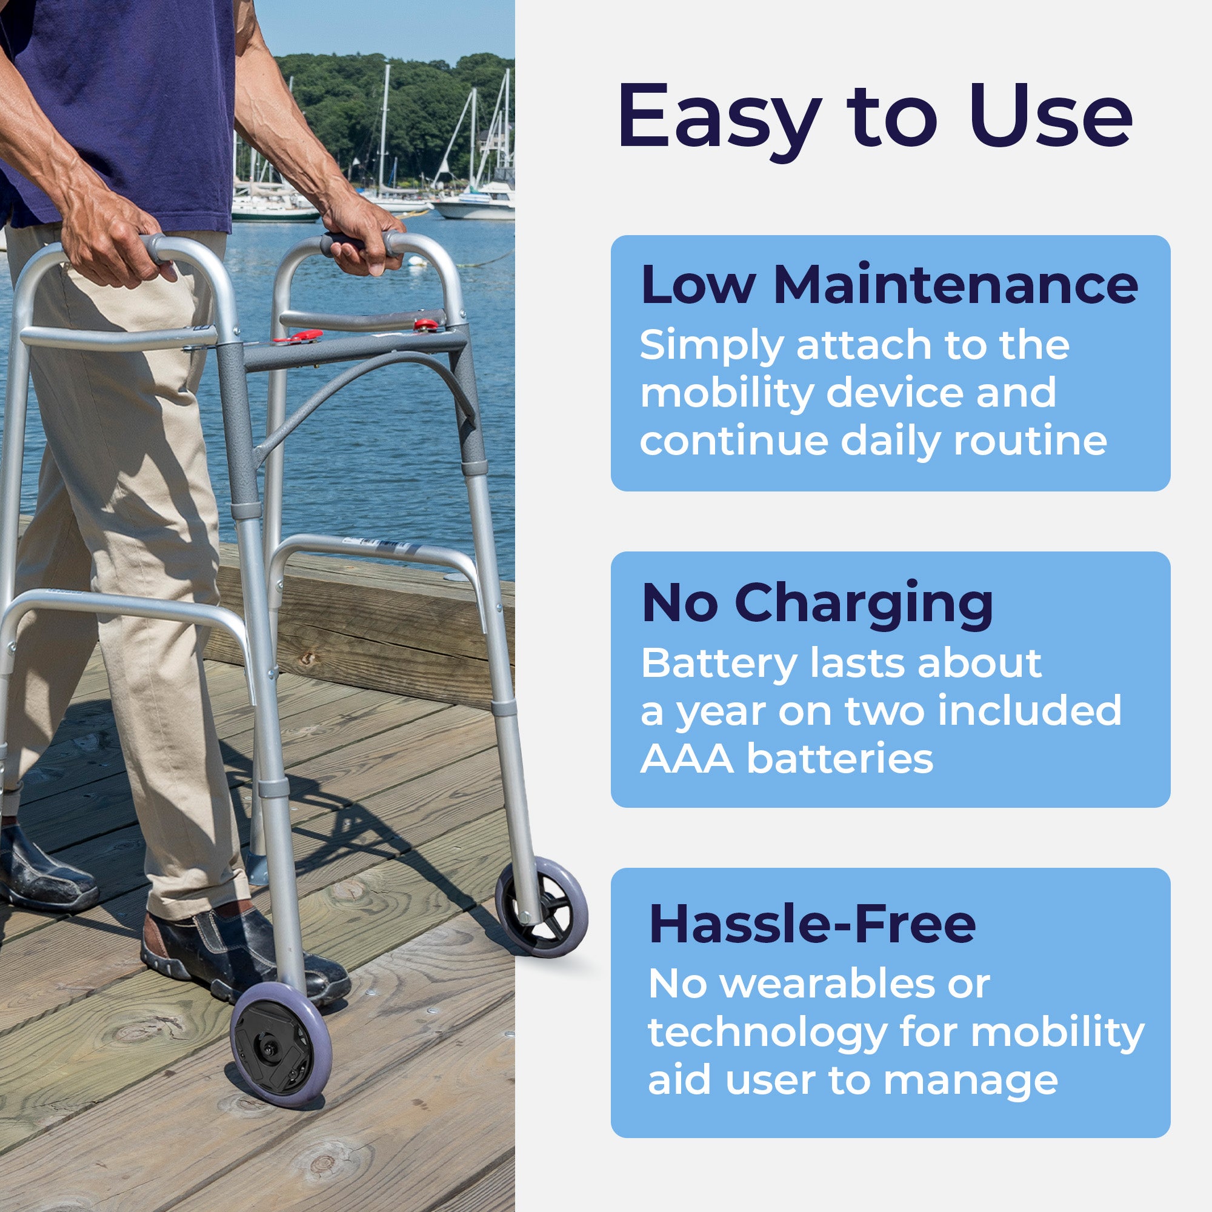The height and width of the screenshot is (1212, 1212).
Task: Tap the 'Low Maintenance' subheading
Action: [x=889, y=285]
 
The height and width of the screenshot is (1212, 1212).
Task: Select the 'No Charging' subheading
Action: [x=817, y=604]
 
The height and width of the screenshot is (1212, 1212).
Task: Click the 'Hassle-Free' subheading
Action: [x=813, y=924]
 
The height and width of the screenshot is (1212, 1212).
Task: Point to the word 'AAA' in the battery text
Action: [x=687, y=759]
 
